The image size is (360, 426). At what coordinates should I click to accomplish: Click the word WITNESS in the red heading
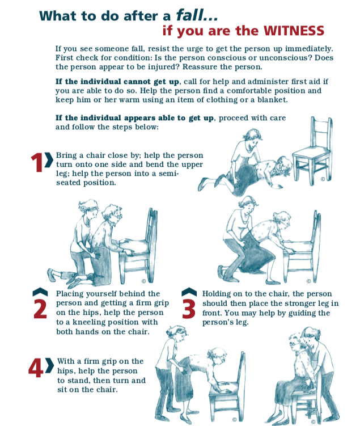(294, 31)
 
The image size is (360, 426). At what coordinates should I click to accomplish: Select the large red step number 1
(36, 162)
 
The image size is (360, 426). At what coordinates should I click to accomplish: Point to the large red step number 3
(189, 309)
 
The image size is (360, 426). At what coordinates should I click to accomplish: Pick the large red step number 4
(36, 368)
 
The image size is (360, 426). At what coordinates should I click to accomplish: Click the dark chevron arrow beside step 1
(49, 160)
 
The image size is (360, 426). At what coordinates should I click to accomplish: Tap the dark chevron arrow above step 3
(189, 292)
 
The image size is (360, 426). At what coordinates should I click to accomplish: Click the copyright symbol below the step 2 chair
(143, 281)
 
